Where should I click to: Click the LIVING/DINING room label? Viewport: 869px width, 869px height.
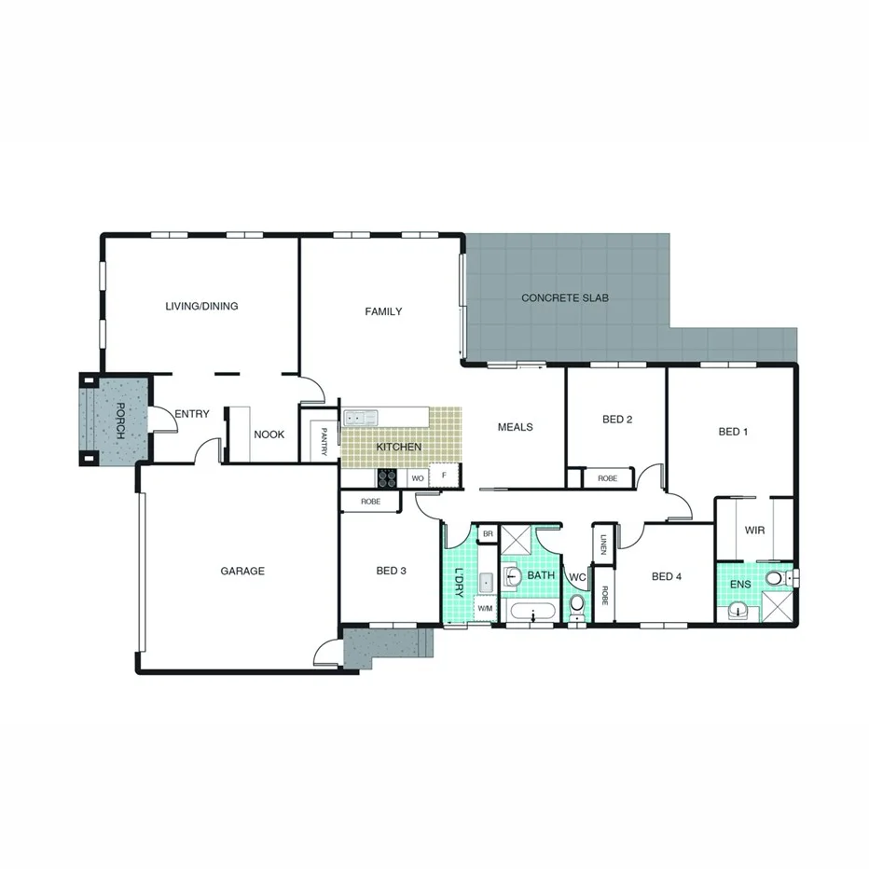click(201, 306)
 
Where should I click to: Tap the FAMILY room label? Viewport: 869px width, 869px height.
click(383, 311)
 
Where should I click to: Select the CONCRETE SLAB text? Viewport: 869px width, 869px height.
click(564, 298)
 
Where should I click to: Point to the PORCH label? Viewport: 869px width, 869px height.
click(119, 421)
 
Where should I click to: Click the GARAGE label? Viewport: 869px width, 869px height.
click(242, 571)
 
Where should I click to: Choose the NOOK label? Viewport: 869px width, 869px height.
click(269, 434)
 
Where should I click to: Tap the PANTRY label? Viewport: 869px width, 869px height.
click(324, 441)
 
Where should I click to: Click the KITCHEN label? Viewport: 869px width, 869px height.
click(398, 448)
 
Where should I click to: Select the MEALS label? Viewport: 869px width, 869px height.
click(515, 427)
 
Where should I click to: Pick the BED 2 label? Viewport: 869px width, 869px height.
click(617, 420)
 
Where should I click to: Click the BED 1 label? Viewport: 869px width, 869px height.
click(733, 432)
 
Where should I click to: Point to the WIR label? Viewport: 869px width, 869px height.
click(754, 531)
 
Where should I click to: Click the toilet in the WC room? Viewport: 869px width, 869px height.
click(576, 605)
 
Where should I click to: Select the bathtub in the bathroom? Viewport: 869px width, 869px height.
click(532, 613)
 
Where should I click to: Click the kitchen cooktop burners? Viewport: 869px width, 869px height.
click(388, 477)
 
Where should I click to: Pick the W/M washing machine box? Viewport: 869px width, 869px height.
click(485, 609)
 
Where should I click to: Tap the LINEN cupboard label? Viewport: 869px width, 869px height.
click(604, 544)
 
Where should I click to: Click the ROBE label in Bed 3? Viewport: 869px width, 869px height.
click(370, 501)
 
